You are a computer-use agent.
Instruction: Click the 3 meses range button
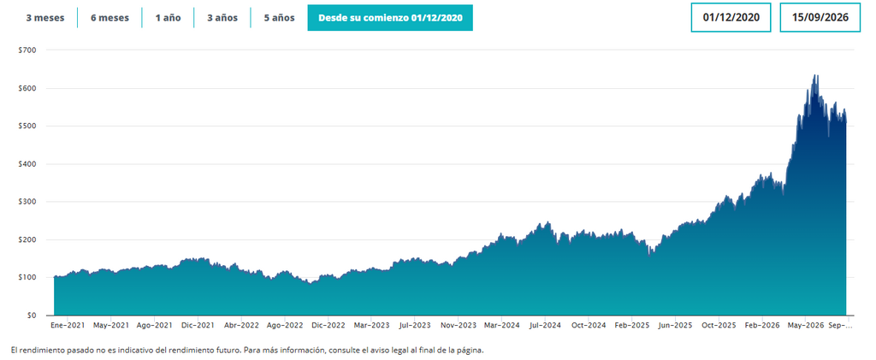tap(45, 18)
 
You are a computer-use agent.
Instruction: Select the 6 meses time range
tap(109, 18)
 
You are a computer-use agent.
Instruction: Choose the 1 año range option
tap(168, 18)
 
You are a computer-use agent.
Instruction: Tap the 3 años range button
tap(222, 18)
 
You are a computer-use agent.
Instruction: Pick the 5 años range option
tap(280, 18)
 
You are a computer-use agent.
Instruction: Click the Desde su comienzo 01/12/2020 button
tap(390, 18)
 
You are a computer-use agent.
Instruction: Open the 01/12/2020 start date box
tap(731, 17)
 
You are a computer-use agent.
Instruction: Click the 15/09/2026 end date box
tap(820, 17)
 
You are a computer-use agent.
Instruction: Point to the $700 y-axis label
tap(27, 50)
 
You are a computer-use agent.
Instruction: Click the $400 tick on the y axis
tap(27, 164)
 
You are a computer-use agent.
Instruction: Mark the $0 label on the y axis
tap(32, 316)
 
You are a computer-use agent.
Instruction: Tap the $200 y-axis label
tap(27, 240)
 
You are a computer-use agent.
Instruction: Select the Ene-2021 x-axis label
tap(68, 325)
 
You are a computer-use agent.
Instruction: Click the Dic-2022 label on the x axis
tap(328, 325)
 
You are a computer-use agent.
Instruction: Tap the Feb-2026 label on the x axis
tap(762, 325)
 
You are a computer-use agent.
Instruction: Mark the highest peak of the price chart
tap(814, 75)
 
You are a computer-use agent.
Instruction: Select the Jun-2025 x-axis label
tap(676, 325)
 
